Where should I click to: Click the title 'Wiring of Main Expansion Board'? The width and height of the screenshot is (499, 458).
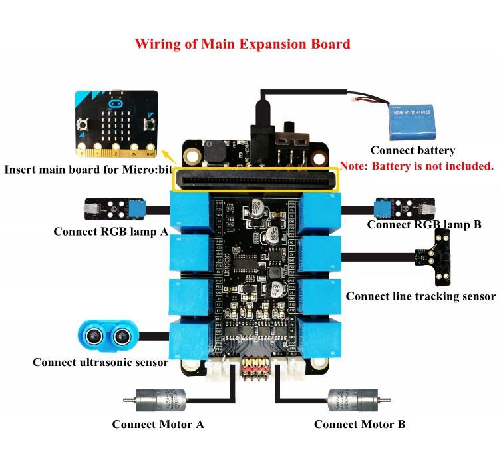242,45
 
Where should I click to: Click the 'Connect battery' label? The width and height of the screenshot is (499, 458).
413,151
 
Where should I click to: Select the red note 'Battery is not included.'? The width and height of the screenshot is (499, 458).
416,166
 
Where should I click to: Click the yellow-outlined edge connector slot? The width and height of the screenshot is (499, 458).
256,180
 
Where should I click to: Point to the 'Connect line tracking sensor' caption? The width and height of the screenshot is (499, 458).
420,296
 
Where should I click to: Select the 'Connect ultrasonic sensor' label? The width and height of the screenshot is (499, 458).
100,362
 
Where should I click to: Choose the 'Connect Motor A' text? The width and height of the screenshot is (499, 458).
158,424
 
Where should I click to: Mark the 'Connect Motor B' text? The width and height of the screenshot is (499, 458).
359,424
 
